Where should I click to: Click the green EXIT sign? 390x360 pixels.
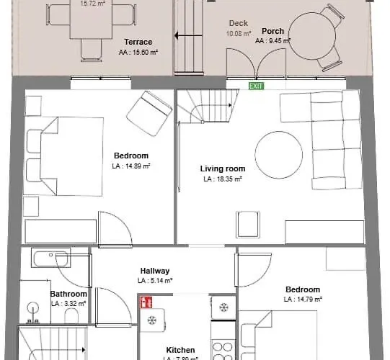point(256,86)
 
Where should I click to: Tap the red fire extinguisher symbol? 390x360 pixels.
point(146,302)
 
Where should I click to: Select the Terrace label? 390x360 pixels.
point(138,42)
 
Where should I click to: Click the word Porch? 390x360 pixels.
point(272,32)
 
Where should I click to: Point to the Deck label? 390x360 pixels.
point(238,24)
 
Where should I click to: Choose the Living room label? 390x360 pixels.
point(221,169)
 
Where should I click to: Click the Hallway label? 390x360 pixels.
point(155,271)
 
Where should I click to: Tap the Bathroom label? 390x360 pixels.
point(68,294)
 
